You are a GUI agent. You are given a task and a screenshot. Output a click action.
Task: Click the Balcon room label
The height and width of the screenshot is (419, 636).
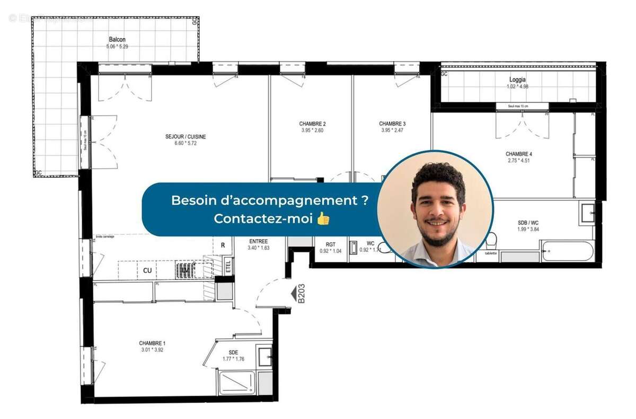[117, 40]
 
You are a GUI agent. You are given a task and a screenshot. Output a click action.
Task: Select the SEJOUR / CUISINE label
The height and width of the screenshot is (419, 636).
[185, 137]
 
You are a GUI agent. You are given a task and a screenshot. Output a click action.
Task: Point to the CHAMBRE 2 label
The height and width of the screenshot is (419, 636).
[312, 124]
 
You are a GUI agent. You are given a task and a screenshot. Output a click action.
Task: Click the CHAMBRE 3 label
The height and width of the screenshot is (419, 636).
[393, 124]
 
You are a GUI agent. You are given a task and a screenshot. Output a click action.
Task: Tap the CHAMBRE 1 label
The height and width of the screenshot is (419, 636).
[153, 343]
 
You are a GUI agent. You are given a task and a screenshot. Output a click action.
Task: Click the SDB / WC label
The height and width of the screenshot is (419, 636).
[529, 223]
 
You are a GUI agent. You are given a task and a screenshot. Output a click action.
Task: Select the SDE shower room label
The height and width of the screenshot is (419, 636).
[233, 352]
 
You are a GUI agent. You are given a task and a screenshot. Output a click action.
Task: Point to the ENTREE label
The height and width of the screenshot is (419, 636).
[259, 241]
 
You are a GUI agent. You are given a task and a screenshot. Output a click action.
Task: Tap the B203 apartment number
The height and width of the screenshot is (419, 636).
[301, 293]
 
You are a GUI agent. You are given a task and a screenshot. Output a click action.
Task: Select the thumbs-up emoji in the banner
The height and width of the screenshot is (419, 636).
[323, 219]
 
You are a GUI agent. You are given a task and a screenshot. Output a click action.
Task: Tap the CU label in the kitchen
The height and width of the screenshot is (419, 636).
[148, 270]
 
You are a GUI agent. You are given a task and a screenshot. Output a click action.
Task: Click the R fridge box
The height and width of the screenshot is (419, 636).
[223, 245]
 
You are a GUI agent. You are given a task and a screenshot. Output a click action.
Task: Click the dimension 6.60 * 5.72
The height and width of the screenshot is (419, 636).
[185, 144]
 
